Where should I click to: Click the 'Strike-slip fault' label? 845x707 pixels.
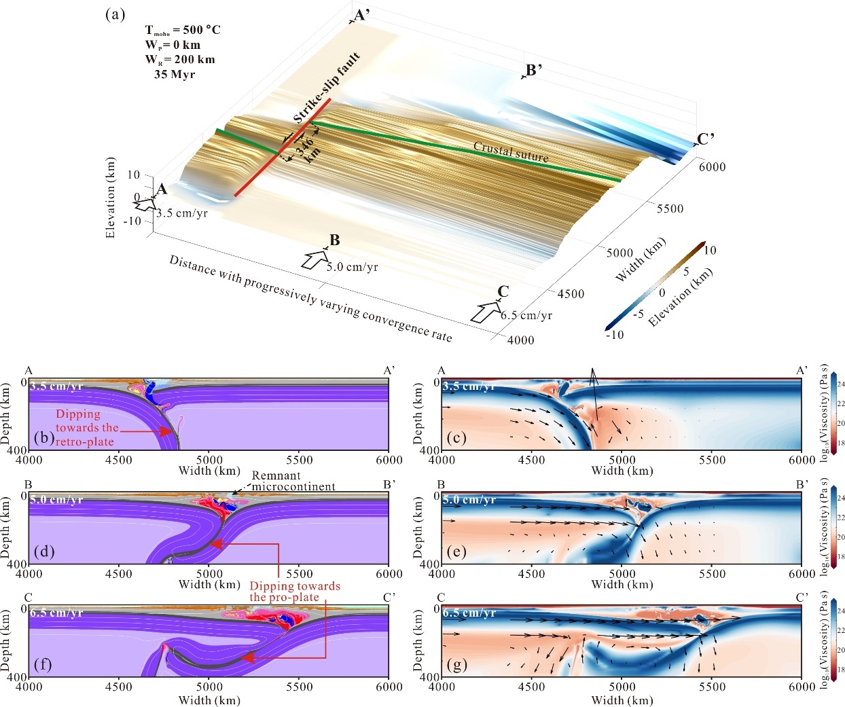327,88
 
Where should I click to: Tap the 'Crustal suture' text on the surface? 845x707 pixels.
511,151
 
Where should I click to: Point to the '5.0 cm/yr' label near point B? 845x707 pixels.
352,267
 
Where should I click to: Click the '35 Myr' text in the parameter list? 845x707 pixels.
174,74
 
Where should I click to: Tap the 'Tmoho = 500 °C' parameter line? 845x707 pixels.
183,30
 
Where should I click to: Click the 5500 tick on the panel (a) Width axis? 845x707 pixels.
670,209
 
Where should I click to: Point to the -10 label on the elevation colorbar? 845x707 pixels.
614,335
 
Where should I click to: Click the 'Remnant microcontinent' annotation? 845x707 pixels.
293,481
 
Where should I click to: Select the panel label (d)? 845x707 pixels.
44,551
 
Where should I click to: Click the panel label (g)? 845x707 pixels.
456,664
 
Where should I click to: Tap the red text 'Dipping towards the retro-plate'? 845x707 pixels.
86,427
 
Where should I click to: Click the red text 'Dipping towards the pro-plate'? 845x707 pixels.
294,592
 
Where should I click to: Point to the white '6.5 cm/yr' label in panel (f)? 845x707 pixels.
56,613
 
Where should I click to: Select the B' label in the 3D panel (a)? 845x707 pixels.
533,70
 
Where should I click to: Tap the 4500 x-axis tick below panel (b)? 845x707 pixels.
119,460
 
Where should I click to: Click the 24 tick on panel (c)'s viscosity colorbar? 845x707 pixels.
841,384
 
